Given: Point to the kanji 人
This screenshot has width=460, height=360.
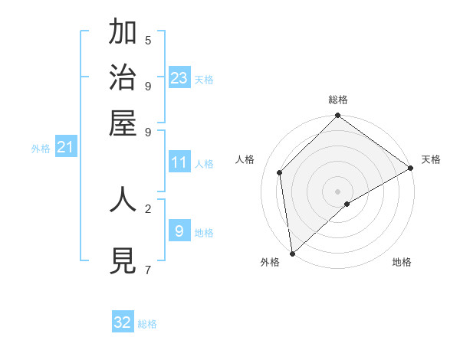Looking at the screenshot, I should click(x=123, y=199).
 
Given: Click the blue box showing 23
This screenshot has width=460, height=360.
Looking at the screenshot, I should click(x=179, y=78).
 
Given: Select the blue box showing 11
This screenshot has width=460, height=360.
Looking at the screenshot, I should click(x=179, y=162).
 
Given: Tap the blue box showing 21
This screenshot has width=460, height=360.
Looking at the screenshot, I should click(x=64, y=147).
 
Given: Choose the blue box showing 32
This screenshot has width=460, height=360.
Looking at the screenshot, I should click(x=123, y=322).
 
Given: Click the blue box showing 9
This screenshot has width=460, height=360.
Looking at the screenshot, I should click(x=179, y=231).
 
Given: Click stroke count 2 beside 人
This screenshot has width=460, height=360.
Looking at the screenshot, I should click(x=148, y=208).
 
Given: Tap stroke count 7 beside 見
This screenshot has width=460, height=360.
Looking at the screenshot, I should click(x=148, y=270).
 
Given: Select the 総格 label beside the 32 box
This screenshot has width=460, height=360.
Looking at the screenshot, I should click(x=147, y=324).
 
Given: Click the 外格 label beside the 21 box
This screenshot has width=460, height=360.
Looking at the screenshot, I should click(x=41, y=149).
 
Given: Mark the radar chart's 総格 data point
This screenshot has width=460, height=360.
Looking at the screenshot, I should click(x=337, y=116).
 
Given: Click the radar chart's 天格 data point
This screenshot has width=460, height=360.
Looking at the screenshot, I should click(x=410, y=169).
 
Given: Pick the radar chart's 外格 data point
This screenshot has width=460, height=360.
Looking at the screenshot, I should click(x=292, y=253).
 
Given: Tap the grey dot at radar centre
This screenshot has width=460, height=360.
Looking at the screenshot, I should click(x=337, y=191).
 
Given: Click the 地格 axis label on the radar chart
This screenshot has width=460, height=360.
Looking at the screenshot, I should click(x=402, y=263).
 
